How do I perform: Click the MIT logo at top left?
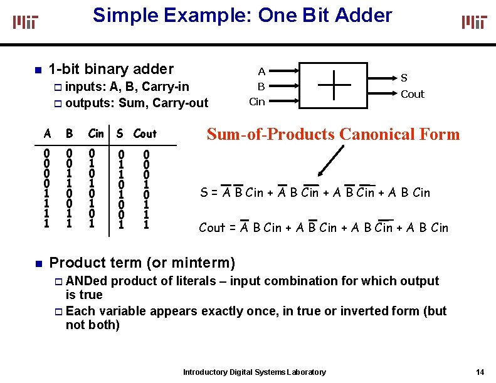26,23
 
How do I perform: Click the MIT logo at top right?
474,23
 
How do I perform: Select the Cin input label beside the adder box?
257,102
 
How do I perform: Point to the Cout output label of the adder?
412,95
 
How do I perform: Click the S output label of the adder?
404,78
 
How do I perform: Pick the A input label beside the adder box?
261,71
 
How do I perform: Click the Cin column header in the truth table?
96,134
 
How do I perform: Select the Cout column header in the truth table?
145,134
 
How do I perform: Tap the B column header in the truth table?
70,134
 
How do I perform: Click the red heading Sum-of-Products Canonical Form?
333,134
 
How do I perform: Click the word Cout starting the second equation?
211,228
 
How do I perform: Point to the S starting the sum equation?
203,192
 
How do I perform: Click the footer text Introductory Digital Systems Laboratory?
254,372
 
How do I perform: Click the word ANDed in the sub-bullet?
86,281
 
